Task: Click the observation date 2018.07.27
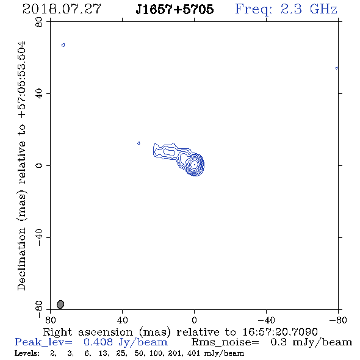[62, 9]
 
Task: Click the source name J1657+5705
[175, 9]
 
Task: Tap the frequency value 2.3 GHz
[309, 9]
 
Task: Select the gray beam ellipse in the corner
[60, 304]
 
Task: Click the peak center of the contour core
[195, 164]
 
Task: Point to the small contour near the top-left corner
[63, 45]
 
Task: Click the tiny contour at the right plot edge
[337, 68]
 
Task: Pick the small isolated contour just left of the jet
[139, 143]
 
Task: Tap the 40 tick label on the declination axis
[39, 93]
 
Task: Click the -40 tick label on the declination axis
[39, 237]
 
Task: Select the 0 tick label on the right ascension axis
[194, 320]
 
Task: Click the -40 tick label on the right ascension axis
[266, 320]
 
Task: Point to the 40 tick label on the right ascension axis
[122, 320]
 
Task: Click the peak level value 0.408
[98, 342]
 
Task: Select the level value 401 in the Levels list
[193, 353]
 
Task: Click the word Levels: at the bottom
[27, 353]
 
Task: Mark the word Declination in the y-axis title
[21, 259]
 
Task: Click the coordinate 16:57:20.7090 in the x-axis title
[280, 332]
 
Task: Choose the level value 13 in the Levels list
[103, 353]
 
